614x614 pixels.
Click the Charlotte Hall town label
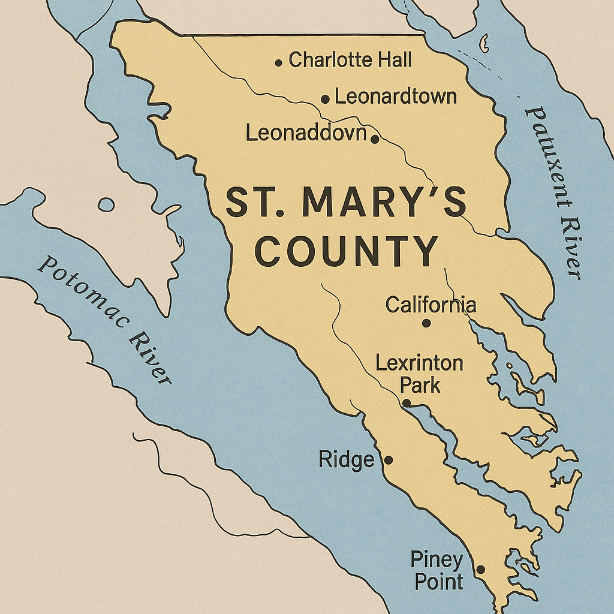[350, 60]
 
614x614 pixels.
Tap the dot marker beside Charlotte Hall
[279, 62]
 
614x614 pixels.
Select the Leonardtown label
[396, 97]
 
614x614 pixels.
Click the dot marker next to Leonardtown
[325, 100]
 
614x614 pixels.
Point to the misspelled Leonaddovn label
[306, 133]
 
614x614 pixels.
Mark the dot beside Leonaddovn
[375, 140]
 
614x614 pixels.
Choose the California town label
[431, 305]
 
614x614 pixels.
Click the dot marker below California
[426, 323]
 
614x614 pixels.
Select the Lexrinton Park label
[419, 374]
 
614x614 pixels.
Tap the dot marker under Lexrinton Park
[407, 403]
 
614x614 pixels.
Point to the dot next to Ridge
[388, 460]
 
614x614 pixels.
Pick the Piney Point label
[437, 571]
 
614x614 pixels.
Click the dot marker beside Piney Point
[480, 570]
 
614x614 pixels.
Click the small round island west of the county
[106, 205]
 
